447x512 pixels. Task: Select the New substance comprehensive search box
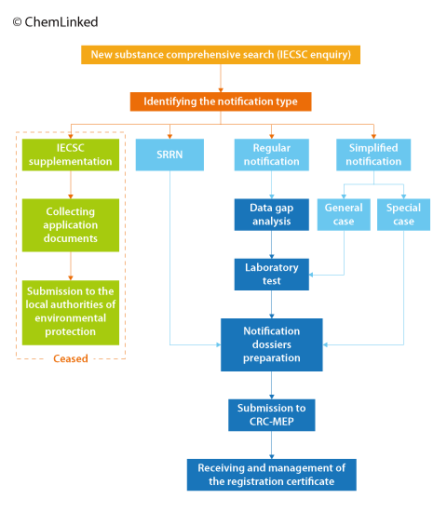(221, 55)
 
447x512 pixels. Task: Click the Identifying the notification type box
(221, 101)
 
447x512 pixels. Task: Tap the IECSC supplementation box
(72, 155)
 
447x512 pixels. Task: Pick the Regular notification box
(271, 155)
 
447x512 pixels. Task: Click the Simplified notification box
(372, 155)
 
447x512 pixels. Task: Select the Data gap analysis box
(271, 214)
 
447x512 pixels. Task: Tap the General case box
(344, 214)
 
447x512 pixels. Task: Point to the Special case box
(403, 214)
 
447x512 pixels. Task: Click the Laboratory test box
(271, 274)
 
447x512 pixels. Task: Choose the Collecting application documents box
(72, 224)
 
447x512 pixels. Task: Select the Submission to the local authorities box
(72, 312)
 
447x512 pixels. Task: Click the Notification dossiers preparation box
(271, 344)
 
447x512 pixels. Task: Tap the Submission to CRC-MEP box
(271, 414)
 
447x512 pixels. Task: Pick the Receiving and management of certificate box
(271, 475)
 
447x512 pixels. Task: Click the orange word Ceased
(72, 358)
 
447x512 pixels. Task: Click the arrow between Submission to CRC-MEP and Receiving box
(271, 445)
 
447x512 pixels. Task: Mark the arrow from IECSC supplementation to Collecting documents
(72, 185)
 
